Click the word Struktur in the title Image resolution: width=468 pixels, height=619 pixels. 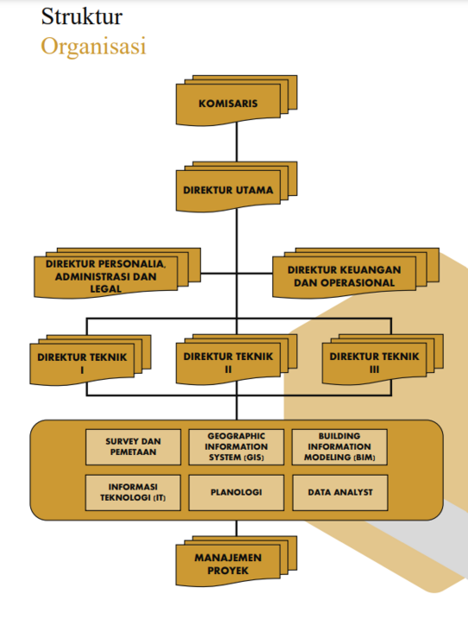[82, 16]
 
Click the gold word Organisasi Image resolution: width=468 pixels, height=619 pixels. [93, 47]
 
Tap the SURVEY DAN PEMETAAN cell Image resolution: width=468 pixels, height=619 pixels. [134, 447]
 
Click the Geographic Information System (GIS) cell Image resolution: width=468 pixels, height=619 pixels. [236, 447]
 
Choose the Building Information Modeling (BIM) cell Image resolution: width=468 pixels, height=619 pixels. [340, 447]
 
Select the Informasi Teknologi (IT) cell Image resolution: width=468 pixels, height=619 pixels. [134, 493]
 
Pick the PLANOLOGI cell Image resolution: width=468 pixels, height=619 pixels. [236, 493]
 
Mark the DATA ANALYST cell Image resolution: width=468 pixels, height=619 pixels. [340, 493]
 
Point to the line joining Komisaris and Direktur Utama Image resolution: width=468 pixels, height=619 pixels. [236, 142]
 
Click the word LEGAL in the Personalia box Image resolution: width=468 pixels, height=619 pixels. [106, 289]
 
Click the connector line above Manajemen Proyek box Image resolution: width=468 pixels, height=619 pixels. [236, 528]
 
